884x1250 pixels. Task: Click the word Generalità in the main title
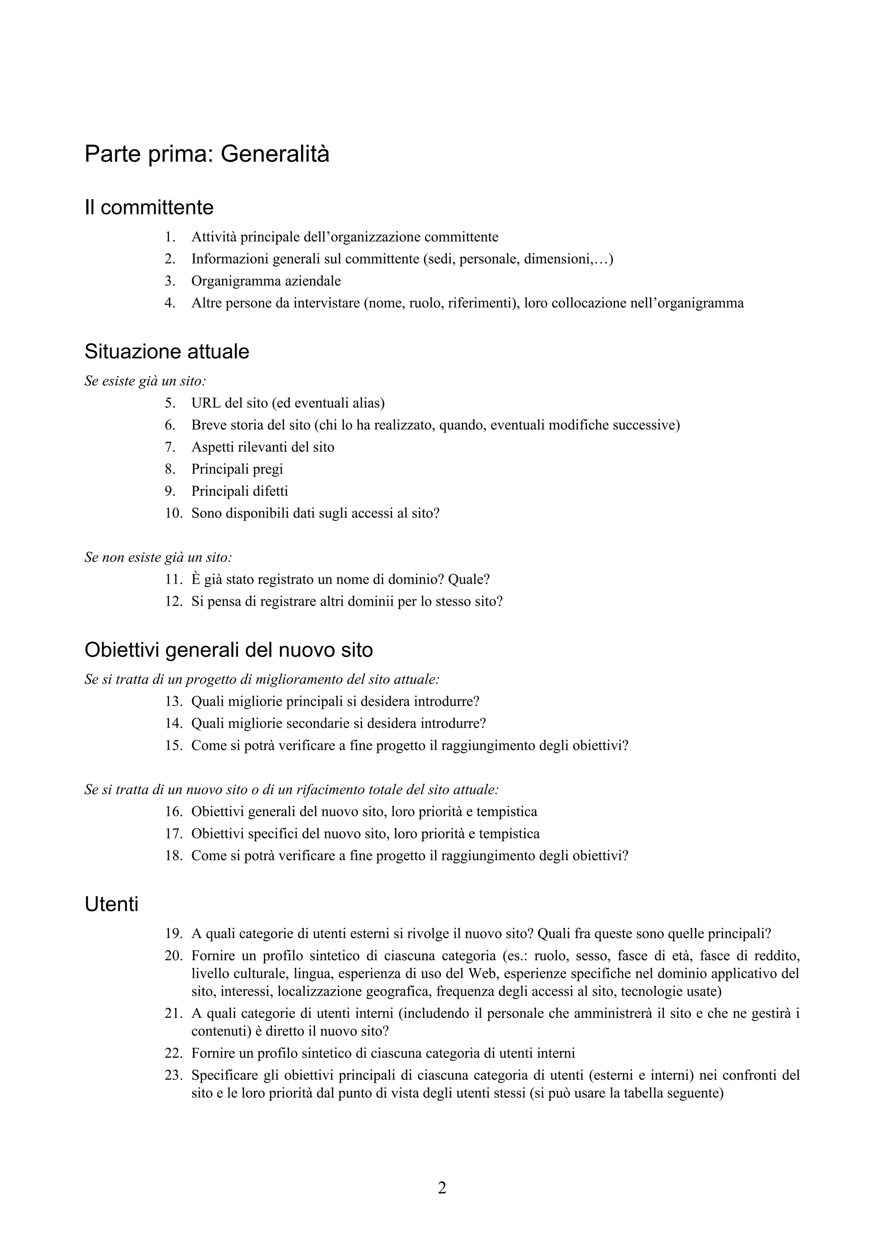click(275, 154)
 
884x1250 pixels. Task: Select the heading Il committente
click(148, 207)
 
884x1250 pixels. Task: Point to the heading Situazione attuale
click(167, 352)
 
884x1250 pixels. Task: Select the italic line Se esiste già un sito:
click(145, 381)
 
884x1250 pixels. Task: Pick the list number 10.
click(173, 513)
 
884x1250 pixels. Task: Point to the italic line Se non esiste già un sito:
click(158, 557)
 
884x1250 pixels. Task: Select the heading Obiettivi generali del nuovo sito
click(229, 650)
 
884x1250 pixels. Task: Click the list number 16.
click(173, 812)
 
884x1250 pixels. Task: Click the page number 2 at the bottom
click(442, 1188)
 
